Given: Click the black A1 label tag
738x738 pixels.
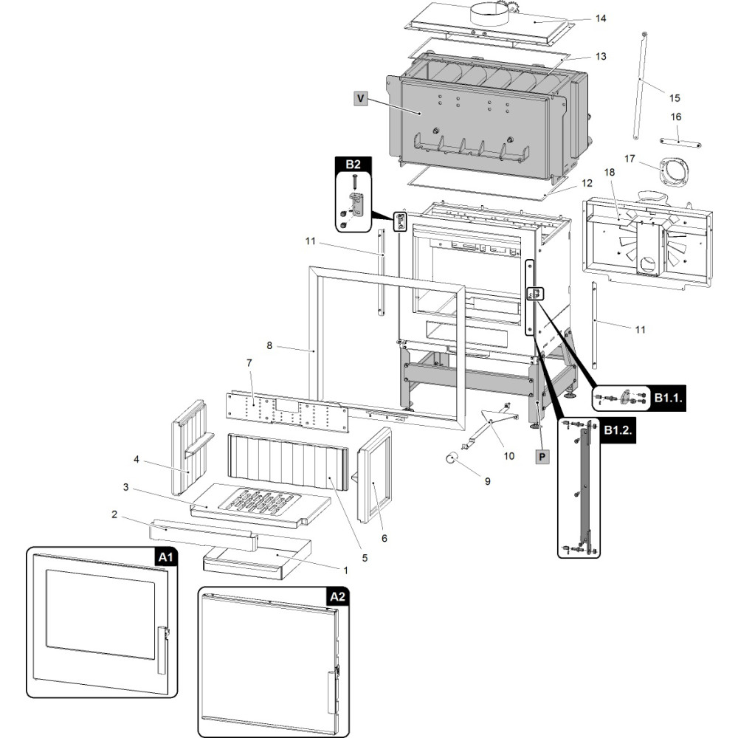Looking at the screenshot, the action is pos(165,557).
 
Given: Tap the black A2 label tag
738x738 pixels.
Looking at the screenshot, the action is pos(337,597).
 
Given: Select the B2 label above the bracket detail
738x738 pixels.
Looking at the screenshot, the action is pos(353,165).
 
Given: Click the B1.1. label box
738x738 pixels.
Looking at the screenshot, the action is pos(668,399).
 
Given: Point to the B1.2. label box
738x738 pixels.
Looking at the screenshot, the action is pos(618,430).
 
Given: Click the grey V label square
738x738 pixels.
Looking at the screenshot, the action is pos(361,98).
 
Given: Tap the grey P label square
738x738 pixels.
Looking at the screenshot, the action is pos(542,457).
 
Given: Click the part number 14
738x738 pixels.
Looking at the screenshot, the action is pos(601,18).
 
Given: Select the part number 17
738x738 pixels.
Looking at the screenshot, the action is pos(630,159).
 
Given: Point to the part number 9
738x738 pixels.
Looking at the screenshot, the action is pos(488,481).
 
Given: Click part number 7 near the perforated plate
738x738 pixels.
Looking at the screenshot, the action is pos(249,363).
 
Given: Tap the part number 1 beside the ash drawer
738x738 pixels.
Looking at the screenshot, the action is pos(345,570).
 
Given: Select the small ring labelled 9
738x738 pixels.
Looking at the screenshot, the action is pos(452,457).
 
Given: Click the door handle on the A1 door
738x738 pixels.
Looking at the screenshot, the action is pos(162,650).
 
